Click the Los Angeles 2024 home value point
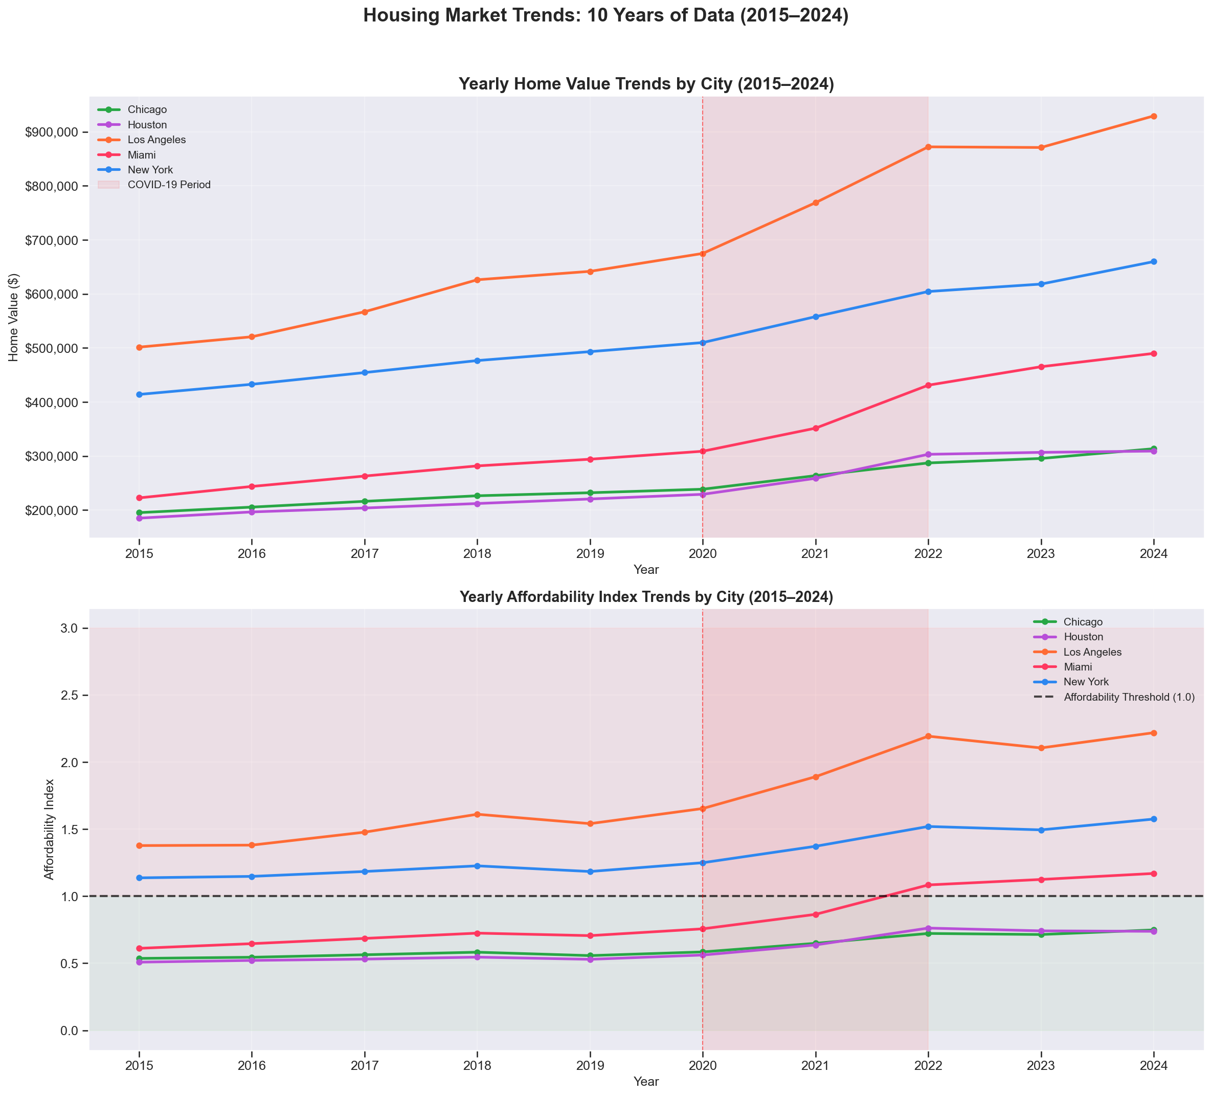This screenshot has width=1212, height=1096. click(x=1154, y=116)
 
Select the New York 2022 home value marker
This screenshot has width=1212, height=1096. click(x=928, y=292)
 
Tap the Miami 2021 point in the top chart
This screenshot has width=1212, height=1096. click(x=816, y=428)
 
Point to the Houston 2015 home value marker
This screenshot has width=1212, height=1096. click(x=139, y=518)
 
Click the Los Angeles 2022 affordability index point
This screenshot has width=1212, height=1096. click(x=928, y=736)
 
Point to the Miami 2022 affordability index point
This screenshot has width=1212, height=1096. click(x=928, y=885)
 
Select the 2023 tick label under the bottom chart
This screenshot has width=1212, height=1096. click(x=1041, y=1066)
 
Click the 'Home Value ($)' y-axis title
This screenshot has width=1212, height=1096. click(x=14, y=317)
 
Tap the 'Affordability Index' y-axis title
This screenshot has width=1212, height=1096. click(x=49, y=830)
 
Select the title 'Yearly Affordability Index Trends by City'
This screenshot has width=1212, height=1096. click(x=646, y=597)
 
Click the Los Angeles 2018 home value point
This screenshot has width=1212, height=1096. click(x=477, y=280)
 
